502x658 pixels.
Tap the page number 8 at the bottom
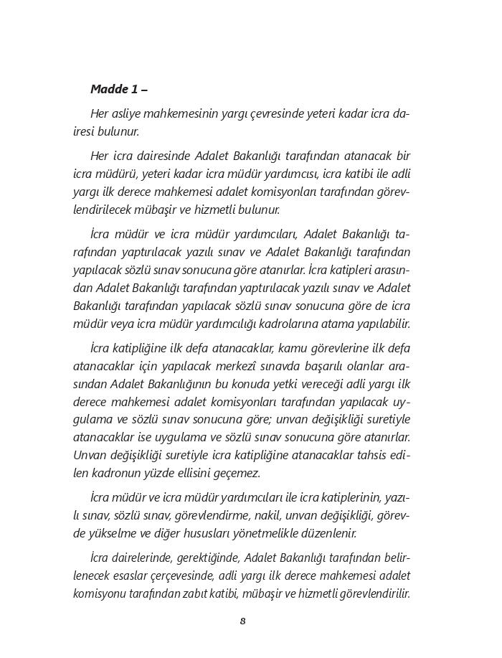point(243,621)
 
